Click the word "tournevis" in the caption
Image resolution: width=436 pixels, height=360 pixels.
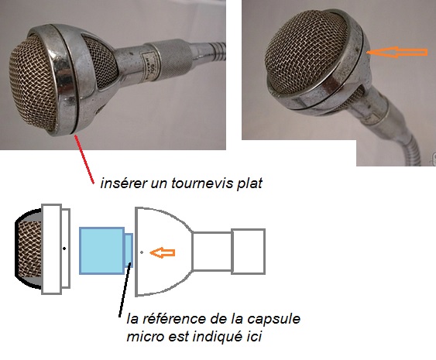coord(202,183)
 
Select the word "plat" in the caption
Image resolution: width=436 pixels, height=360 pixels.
coord(249,184)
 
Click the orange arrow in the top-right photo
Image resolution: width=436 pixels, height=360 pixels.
coord(397,53)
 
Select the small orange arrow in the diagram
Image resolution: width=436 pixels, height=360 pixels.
coord(163,252)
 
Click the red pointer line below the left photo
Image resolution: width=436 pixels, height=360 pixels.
coord(84,159)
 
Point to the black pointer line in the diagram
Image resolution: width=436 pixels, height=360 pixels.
coord(125,289)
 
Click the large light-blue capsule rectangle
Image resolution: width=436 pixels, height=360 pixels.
coord(101,251)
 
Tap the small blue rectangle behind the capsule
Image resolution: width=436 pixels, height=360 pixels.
coord(129,251)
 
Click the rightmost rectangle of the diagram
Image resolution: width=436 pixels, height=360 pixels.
coord(249,252)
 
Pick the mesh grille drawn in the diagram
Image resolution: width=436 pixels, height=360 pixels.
coord(29,249)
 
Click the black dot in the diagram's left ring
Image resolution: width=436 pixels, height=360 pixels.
coord(64,249)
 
